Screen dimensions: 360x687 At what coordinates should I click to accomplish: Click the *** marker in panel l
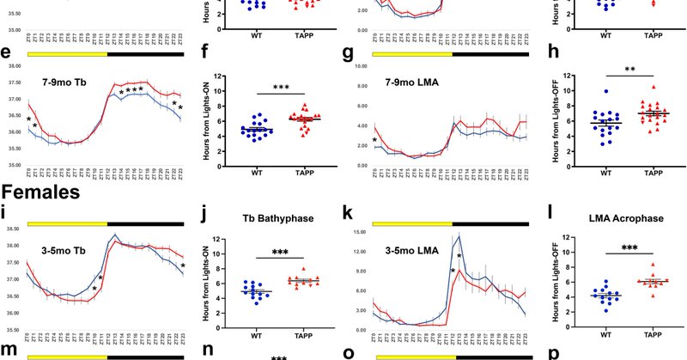tap(629, 247)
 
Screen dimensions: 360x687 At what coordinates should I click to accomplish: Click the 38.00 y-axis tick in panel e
tap(12, 66)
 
